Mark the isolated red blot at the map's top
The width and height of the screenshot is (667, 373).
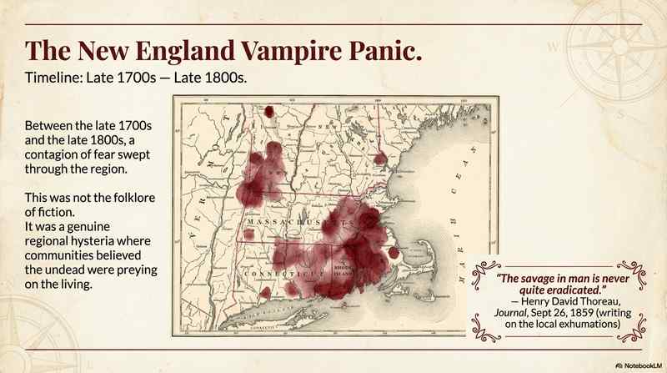click(x=269, y=112)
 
